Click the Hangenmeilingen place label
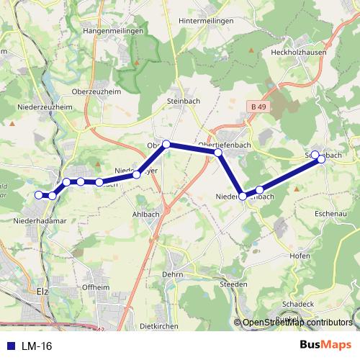(114, 32)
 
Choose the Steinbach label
(183, 102)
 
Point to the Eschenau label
(332, 215)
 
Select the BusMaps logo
(327, 346)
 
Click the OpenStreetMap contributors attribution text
(298, 323)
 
